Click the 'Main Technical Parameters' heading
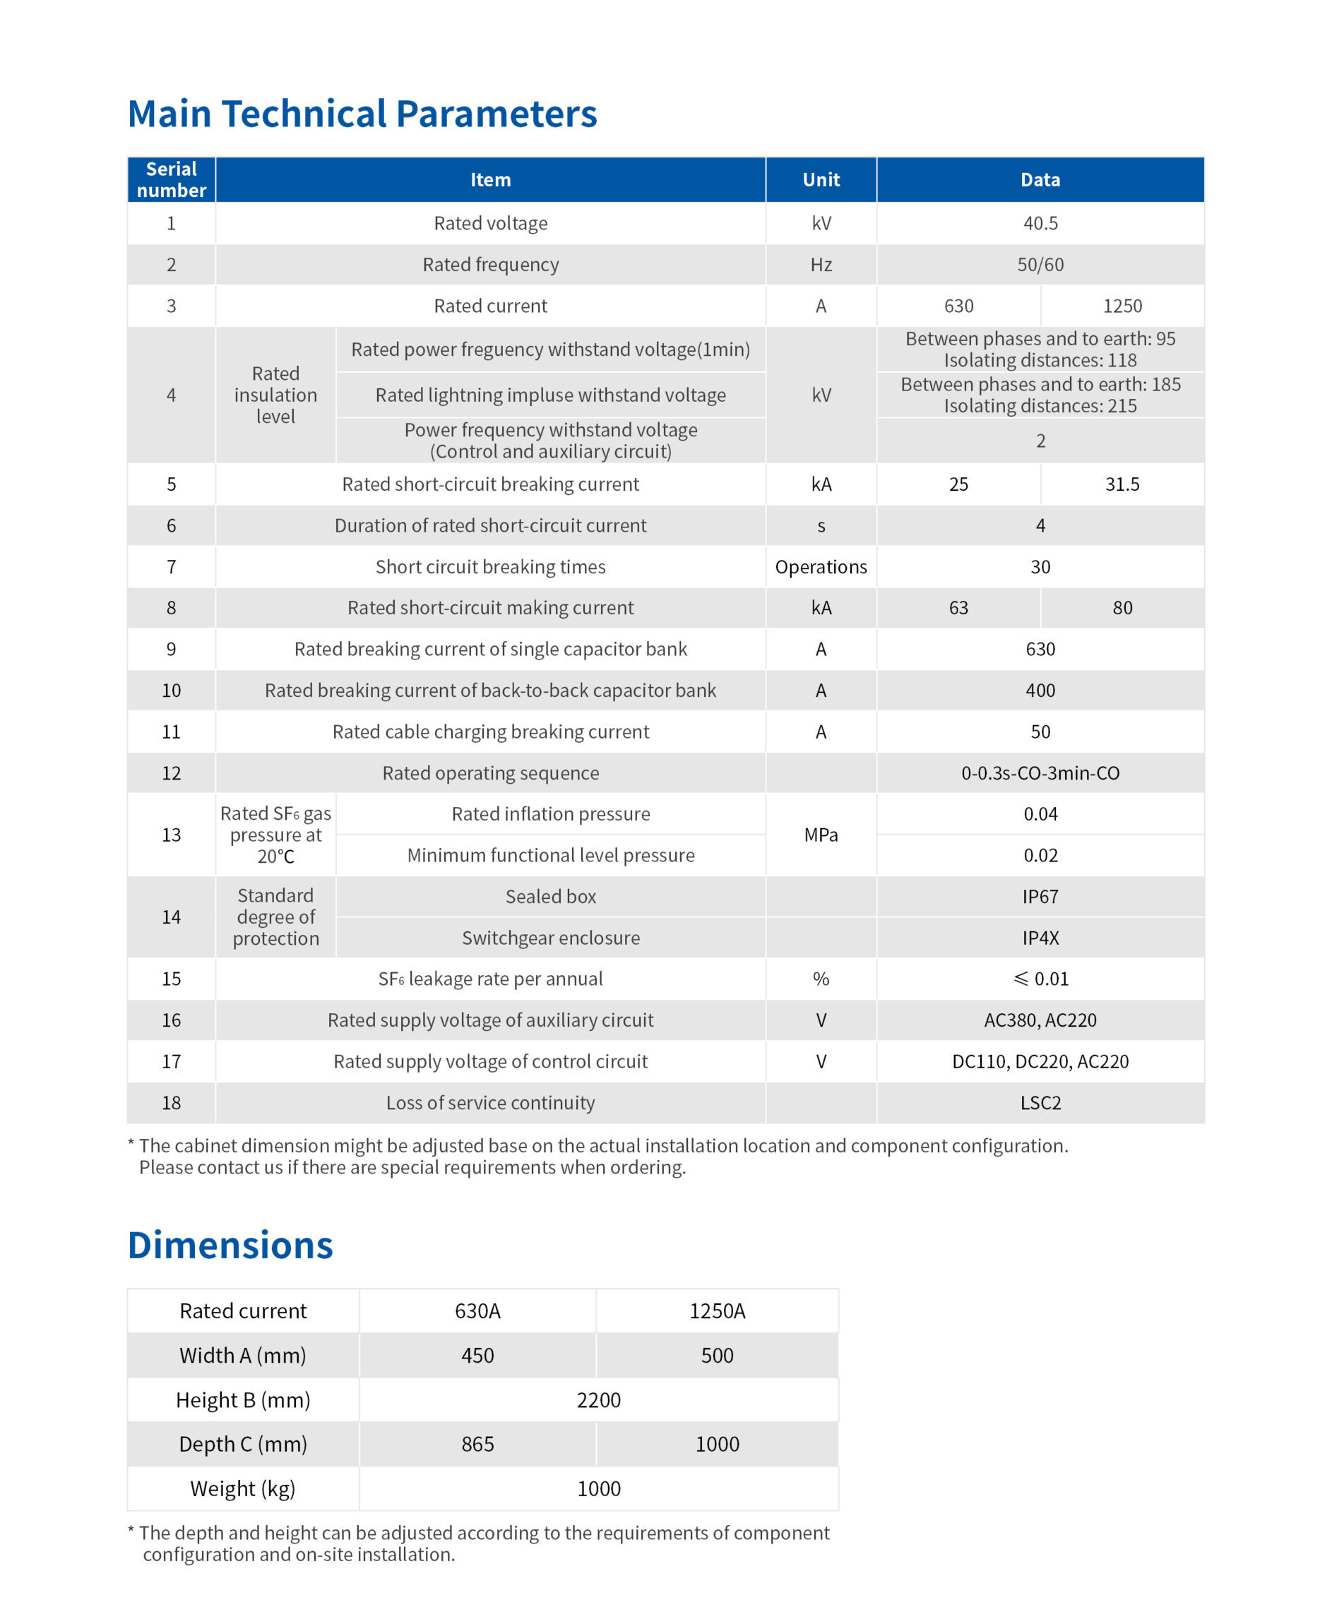[362, 114]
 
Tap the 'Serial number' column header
[171, 179]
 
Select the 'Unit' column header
[820, 179]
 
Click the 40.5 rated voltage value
[1040, 223]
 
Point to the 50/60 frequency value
[1040, 265]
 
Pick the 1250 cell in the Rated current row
[1122, 306]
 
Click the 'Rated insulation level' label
[275, 395]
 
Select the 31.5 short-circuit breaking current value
[1122, 484]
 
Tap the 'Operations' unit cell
[820, 567]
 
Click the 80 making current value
[1122, 607]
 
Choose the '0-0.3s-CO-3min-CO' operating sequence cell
[1040, 772]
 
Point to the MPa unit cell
[820, 835]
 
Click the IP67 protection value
[1040, 896]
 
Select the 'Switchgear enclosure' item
[550, 938]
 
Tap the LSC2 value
[1040, 1102]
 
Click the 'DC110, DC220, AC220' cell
[1040, 1061]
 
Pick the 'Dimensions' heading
[230, 1244]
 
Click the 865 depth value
[477, 1444]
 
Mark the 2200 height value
[598, 1400]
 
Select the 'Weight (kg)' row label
[242, 1488]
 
